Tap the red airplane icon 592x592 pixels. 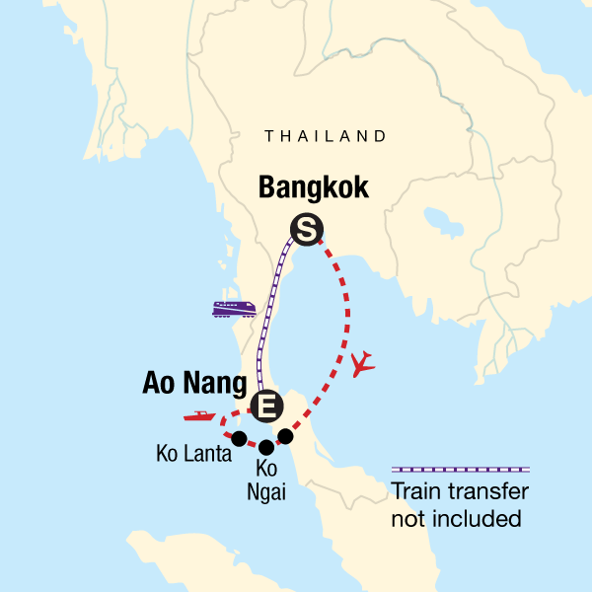[x=363, y=364]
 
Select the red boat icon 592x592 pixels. [x=198, y=417]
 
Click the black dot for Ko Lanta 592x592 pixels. [x=239, y=438]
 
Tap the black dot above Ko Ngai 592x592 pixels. [x=265, y=447]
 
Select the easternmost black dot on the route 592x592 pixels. [x=285, y=436]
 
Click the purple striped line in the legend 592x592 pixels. [x=461, y=469]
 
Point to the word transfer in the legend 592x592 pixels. [x=490, y=492]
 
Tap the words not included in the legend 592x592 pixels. [x=455, y=518]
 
